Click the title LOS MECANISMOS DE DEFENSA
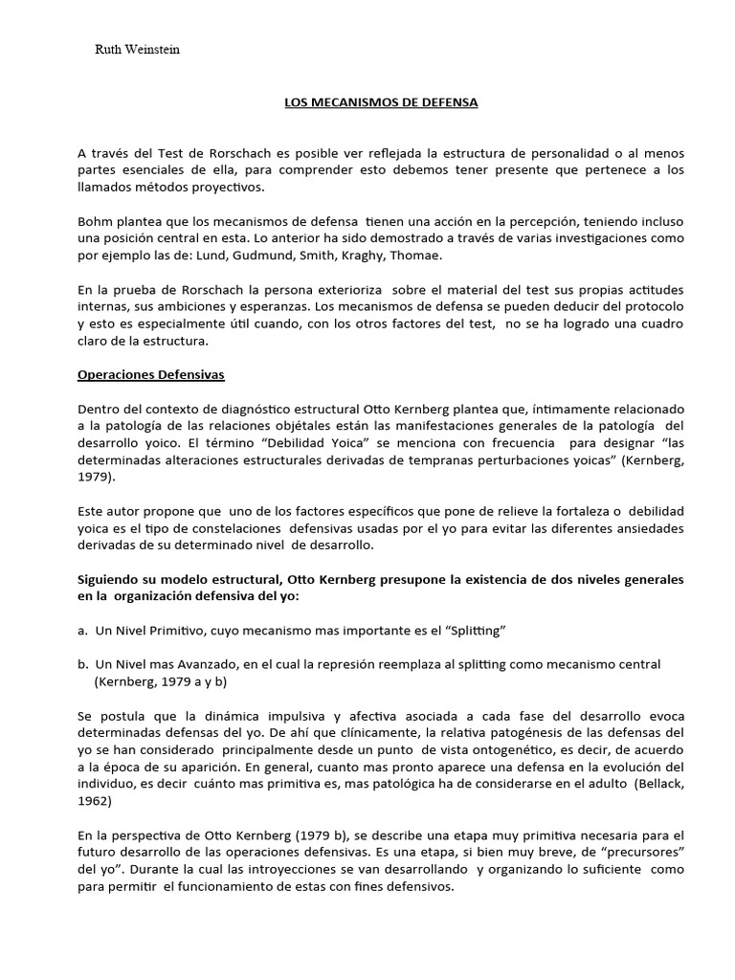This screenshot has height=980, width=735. pos(381,101)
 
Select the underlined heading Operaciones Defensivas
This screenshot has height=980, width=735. pos(150,374)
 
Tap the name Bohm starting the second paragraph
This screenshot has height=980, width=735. pos(96,221)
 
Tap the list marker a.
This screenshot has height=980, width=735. pos(83,632)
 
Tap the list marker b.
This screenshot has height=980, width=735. pos(83,664)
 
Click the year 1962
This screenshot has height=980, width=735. pos(96,801)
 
